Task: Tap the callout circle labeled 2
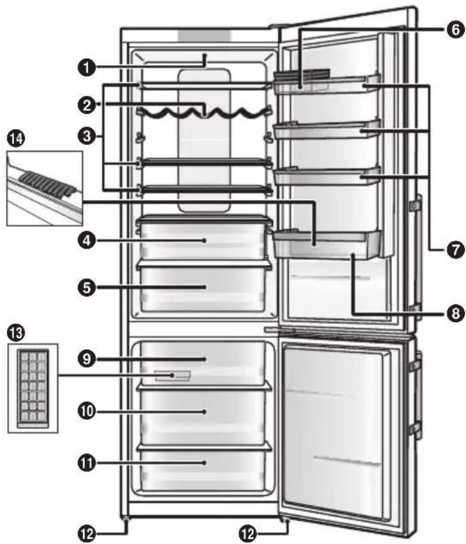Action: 86,102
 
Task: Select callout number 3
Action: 86,136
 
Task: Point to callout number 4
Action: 86,241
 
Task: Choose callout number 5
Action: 86,288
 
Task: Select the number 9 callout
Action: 86,360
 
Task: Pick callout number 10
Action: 86,412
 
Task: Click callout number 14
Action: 13,137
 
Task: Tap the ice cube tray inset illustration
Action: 31,388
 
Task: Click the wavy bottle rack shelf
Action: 202,113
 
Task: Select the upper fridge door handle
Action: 417,256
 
